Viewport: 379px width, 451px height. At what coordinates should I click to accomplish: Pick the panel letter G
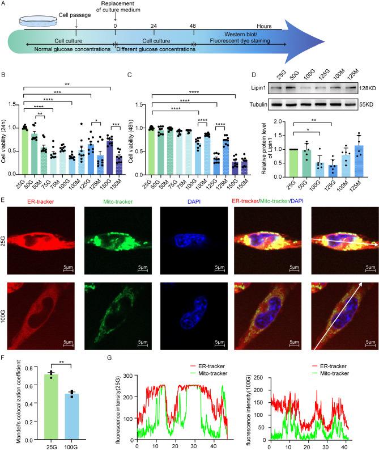coord(110,374)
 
